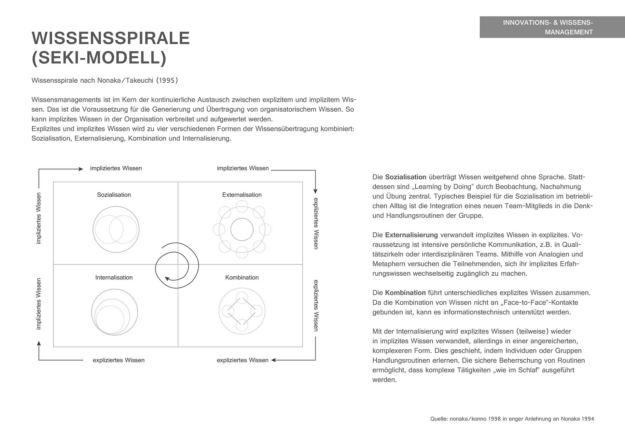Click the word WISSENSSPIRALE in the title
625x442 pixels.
click(111, 38)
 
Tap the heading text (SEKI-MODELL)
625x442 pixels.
click(99, 58)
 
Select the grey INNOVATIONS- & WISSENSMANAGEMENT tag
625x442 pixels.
click(552, 27)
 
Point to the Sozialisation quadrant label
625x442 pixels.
click(114, 195)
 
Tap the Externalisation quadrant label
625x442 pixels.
click(242, 195)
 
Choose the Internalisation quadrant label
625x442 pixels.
click(114, 277)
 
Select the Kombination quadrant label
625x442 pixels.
click(242, 277)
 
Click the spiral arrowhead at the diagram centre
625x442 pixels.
click(167, 279)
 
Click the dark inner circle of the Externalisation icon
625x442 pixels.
click(242, 229)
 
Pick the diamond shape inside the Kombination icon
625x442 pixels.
click(242, 311)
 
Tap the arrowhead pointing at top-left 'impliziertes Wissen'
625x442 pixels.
click(81, 169)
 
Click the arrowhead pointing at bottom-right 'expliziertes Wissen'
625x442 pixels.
click(274, 360)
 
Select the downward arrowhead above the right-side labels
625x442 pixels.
click(315, 191)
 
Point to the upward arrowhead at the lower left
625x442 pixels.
click(39, 344)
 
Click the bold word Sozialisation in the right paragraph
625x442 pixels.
click(406, 177)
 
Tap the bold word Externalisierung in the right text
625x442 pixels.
click(411, 235)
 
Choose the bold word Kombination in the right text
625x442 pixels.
click(405, 293)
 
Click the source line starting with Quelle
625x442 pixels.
click(512, 419)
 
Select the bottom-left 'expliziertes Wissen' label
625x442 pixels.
click(118, 360)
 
